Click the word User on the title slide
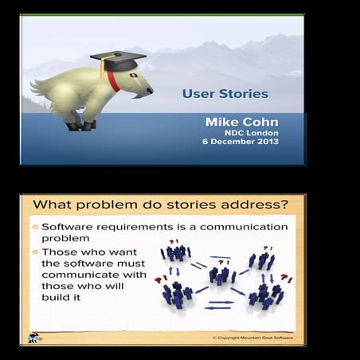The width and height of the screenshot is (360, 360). click(x=195, y=93)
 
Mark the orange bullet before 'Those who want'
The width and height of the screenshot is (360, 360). click(x=35, y=252)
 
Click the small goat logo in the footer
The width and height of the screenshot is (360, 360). click(x=34, y=335)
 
